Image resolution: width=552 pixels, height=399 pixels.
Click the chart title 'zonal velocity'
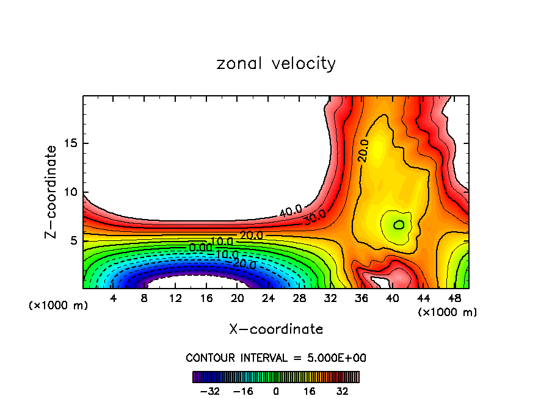click(276, 63)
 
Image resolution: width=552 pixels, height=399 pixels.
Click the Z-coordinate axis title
click(52, 191)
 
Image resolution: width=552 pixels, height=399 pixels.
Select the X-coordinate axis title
click(276, 329)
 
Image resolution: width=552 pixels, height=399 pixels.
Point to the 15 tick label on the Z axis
click(70, 143)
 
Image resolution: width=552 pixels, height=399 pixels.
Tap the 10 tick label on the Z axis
click(70, 192)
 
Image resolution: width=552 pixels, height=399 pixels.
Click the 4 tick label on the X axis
click(114, 298)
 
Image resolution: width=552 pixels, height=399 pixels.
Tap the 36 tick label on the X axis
click(361, 298)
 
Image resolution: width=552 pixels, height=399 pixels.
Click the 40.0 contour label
click(291, 210)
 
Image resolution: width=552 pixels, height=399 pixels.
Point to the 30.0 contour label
click(314, 217)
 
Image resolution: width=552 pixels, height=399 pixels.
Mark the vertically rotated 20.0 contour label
click(363, 150)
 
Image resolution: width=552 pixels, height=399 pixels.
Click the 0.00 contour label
click(200, 247)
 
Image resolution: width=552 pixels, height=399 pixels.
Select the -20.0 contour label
click(244, 264)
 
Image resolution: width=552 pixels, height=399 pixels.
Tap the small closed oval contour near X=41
click(399, 225)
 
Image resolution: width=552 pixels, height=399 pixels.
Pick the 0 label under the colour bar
click(276, 391)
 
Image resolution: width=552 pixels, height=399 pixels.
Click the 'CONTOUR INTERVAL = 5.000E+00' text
click(276, 358)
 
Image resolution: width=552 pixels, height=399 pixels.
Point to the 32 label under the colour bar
click(342, 391)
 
